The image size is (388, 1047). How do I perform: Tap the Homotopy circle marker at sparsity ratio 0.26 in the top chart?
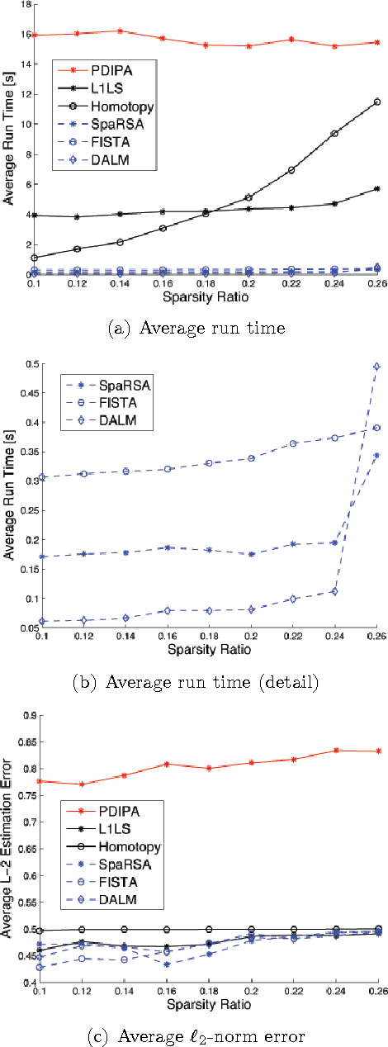point(377,102)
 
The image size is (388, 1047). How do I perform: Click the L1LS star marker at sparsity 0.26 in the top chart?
point(377,188)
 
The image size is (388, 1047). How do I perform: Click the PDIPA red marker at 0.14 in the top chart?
point(120,31)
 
